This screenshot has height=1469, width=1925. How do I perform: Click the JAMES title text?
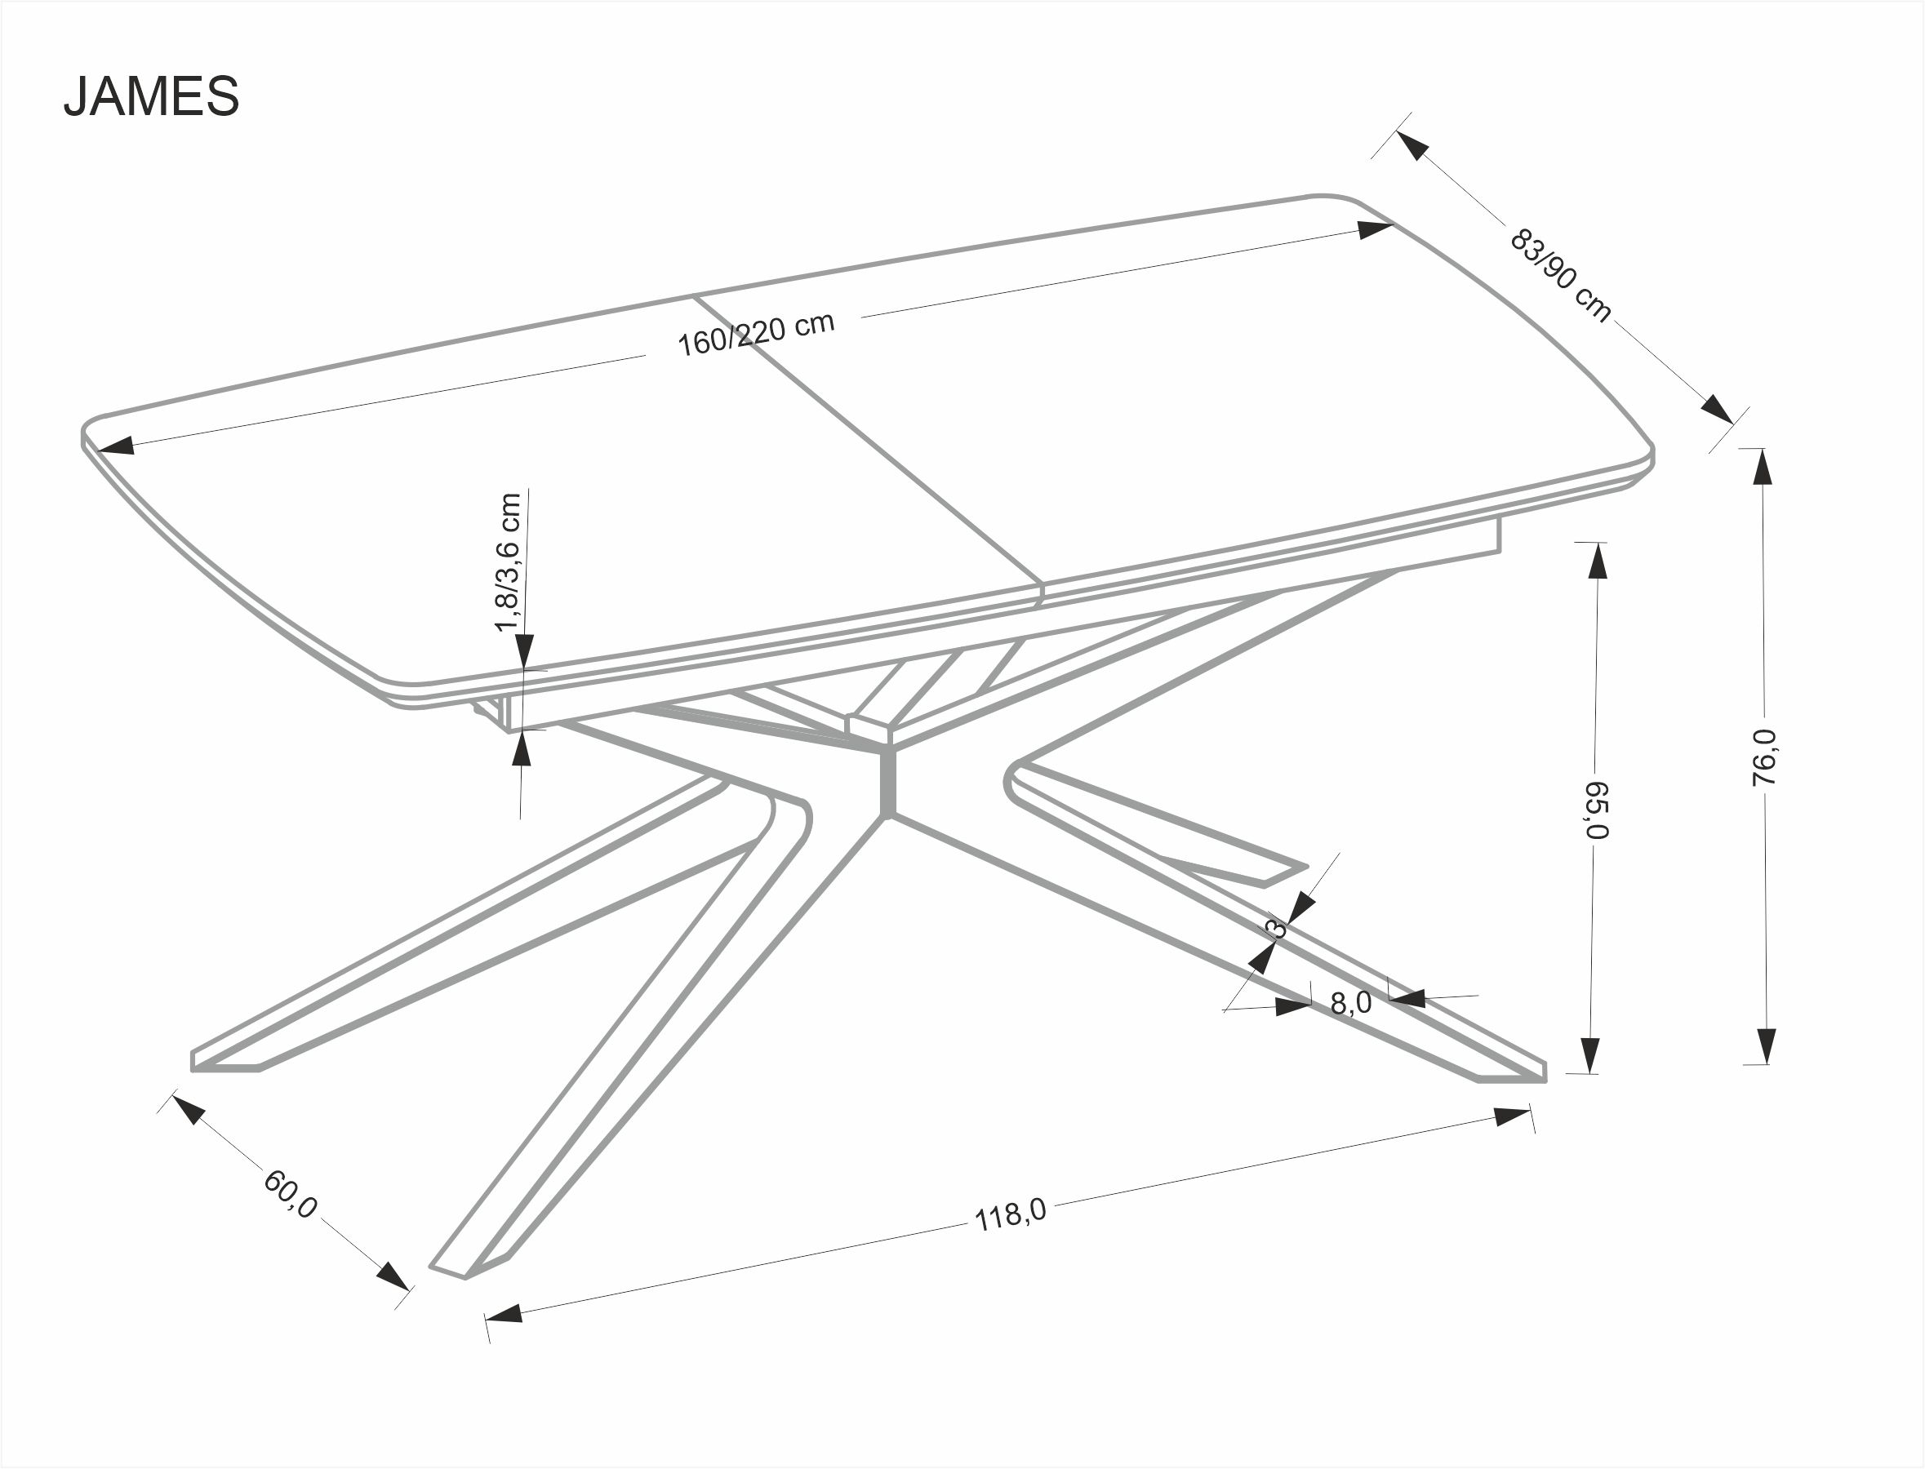coord(151,96)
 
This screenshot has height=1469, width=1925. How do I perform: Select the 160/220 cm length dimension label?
coord(757,333)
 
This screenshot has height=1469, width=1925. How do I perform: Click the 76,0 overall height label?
coord(1765,757)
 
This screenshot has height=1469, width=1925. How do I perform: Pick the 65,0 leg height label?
coord(1596,809)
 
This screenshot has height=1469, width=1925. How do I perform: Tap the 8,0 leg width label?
coord(1350,1003)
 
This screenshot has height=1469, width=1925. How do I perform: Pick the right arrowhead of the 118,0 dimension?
coord(1512,1117)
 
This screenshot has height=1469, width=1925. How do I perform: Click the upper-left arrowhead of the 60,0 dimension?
coord(188,1110)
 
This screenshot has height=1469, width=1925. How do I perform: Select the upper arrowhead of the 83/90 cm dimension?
coord(1412,144)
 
